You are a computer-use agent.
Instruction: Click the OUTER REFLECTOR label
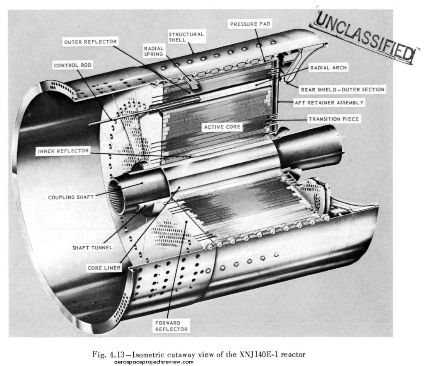[x=90, y=42]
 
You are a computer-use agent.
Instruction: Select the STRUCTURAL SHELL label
[x=186, y=37]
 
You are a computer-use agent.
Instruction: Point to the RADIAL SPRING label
[x=154, y=51]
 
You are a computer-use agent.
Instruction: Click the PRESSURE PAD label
[x=250, y=24]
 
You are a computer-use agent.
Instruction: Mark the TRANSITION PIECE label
[x=333, y=119]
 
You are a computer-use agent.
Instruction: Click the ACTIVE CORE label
[x=222, y=127]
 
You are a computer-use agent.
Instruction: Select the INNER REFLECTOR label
[x=63, y=151]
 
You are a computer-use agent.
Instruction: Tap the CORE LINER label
[x=104, y=268]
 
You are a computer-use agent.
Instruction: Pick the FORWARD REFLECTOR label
[x=171, y=326]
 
